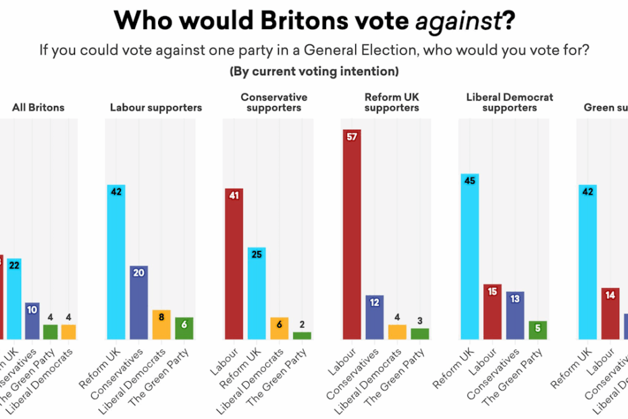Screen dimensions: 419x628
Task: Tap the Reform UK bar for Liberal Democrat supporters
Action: (x=469, y=256)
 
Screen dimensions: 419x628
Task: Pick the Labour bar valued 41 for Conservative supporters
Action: (x=234, y=264)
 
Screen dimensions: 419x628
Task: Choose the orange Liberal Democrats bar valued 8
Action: (x=161, y=324)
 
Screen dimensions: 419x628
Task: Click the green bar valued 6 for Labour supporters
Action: (x=183, y=328)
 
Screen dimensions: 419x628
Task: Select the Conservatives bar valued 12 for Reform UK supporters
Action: (x=375, y=317)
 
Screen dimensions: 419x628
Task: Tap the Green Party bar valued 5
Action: (x=537, y=330)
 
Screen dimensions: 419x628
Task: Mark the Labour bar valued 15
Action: (x=492, y=312)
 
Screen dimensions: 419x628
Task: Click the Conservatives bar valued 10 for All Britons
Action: (x=32, y=321)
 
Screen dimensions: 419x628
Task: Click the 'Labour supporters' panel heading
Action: (x=156, y=107)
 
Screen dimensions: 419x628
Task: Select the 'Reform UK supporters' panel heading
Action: (x=391, y=102)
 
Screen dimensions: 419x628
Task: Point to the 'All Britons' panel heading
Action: (x=38, y=107)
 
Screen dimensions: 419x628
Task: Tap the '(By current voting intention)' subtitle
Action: (x=314, y=71)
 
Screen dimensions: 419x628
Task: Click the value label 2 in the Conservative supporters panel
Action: (x=302, y=324)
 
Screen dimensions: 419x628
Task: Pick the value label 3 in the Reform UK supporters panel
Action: (x=419, y=321)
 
